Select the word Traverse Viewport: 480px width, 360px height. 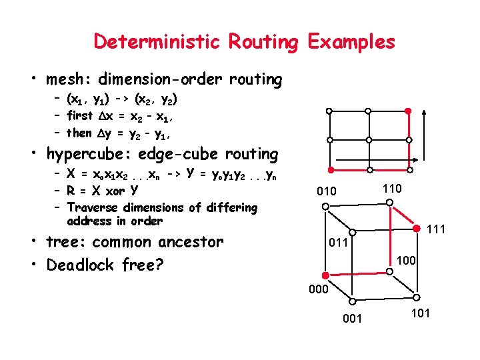pos(97,207)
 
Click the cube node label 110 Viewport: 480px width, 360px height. pos(392,189)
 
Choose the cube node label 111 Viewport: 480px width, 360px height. pos(435,230)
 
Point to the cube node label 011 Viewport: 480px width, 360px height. pos(338,243)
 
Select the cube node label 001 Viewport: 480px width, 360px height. pos(352,319)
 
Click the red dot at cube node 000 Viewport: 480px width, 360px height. pos(325,275)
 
